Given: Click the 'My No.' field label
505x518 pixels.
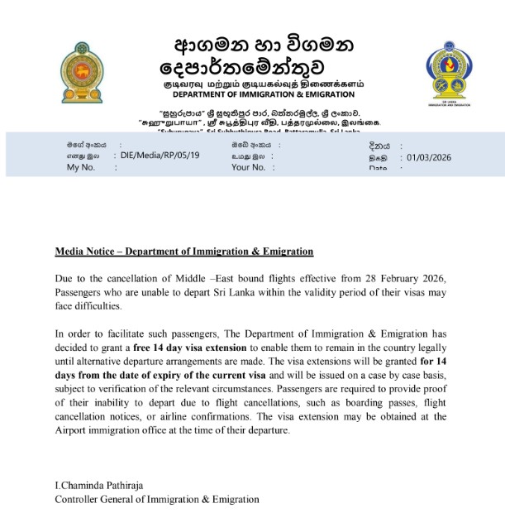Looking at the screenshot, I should pyautogui.click(x=81, y=167).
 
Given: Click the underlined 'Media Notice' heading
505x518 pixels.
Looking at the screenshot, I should pyautogui.click(x=183, y=251).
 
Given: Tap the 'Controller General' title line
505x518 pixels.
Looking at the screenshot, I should pyautogui.click(x=156, y=499).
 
